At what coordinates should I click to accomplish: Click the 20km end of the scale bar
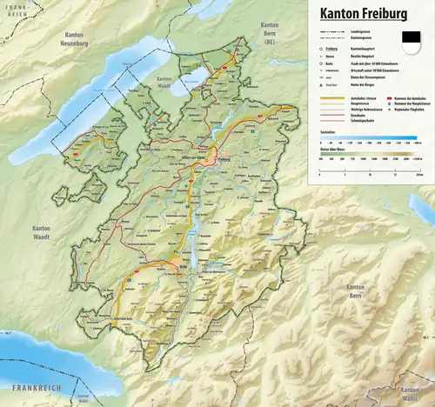(419, 173)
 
